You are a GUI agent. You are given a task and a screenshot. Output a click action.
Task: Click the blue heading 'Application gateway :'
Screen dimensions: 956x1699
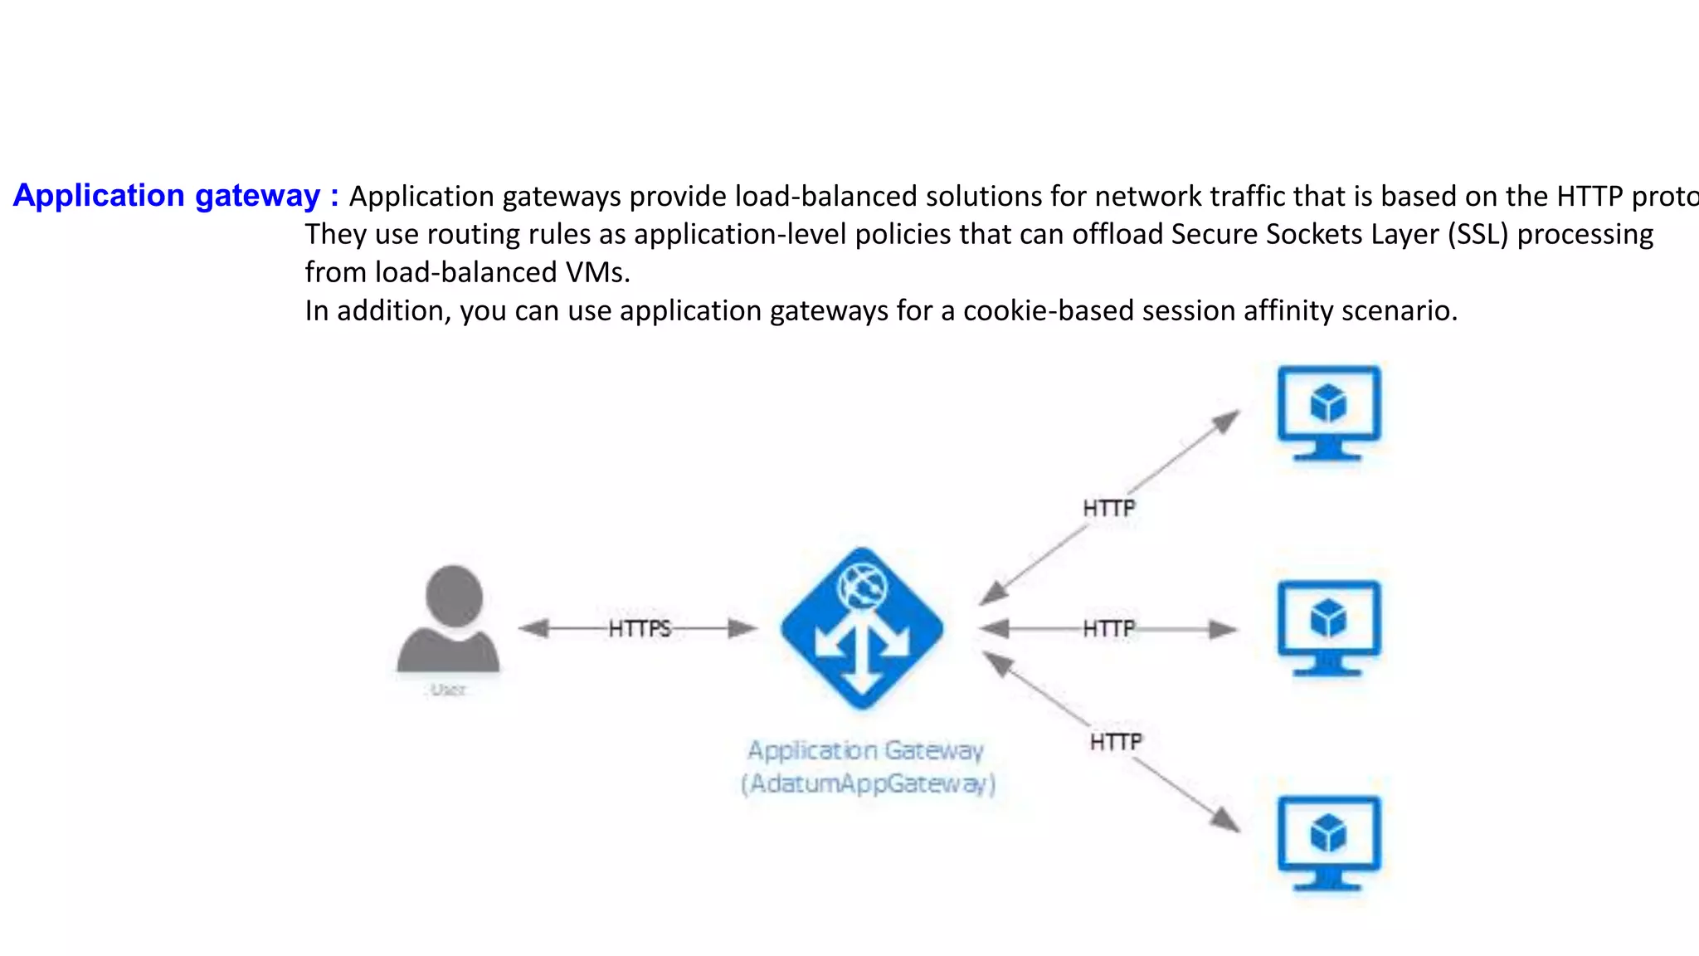pos(176,196)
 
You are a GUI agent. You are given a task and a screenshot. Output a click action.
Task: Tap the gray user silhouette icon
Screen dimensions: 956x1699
pos(450,621)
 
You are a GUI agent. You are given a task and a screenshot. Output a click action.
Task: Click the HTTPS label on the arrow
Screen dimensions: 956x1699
pos(639,629)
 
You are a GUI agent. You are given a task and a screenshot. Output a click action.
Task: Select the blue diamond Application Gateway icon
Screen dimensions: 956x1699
pos(862,629)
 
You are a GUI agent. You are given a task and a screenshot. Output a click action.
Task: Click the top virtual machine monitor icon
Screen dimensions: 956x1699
pos(1329,413)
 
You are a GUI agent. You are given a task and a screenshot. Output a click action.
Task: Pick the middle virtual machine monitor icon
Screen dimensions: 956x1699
pos(1329,628)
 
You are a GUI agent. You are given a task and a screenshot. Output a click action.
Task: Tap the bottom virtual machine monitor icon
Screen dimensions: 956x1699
pos(1329,843)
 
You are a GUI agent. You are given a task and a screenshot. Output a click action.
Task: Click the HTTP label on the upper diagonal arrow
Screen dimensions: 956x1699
pos(1108,508)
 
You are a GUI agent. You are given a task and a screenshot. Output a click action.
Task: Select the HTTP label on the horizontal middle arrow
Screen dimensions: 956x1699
pos(1108,629)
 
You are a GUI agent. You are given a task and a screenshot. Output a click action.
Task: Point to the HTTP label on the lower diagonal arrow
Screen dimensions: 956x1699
pos(1116,742)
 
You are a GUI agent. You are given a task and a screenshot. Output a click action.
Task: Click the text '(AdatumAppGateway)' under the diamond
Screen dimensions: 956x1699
pos(868,783)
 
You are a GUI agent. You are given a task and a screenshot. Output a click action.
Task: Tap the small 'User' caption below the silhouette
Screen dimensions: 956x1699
pos(448,690)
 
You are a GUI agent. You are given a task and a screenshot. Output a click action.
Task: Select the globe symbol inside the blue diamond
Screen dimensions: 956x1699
pos(863,587)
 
